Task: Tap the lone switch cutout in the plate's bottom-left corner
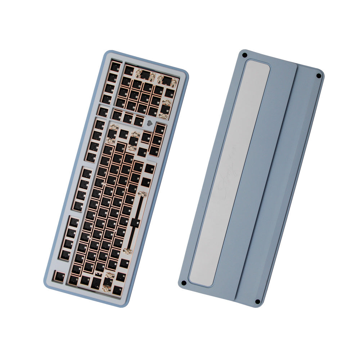point(59,276)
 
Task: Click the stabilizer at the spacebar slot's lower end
point(128,250)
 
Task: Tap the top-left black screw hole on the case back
point(244,55)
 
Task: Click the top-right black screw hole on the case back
point(318,76)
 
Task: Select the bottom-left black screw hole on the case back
point(183,283)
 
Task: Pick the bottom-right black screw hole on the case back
point(257,302)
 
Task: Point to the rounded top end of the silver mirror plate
point(257,65)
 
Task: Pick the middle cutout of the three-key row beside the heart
point(128,118)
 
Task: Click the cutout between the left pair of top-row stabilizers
point(145,75)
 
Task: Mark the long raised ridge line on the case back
point(266,180)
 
